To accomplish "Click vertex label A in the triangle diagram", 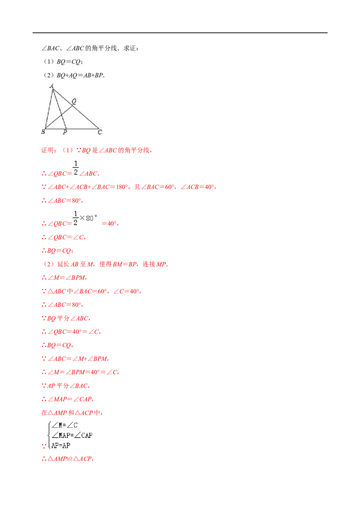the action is [x=52, y=86].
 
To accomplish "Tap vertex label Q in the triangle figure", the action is [x=74, y=101].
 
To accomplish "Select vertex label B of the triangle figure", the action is [x=43, y=132].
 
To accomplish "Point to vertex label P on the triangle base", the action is [x=65, y=132].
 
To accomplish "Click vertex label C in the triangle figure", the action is [x=100, y=132].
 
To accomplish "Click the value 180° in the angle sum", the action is [x=122, y=187].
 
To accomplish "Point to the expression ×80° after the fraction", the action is [x=88, y=218].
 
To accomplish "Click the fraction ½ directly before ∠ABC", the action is [x=76, y=168].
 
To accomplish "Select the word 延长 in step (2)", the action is [x=63, y=264].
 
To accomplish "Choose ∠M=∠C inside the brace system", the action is [x=65, y=425].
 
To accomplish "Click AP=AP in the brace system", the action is [x=61, y=445].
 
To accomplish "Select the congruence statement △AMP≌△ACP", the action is [x=70, y=459].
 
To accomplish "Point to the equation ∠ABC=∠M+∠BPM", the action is [x=77, y=359].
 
